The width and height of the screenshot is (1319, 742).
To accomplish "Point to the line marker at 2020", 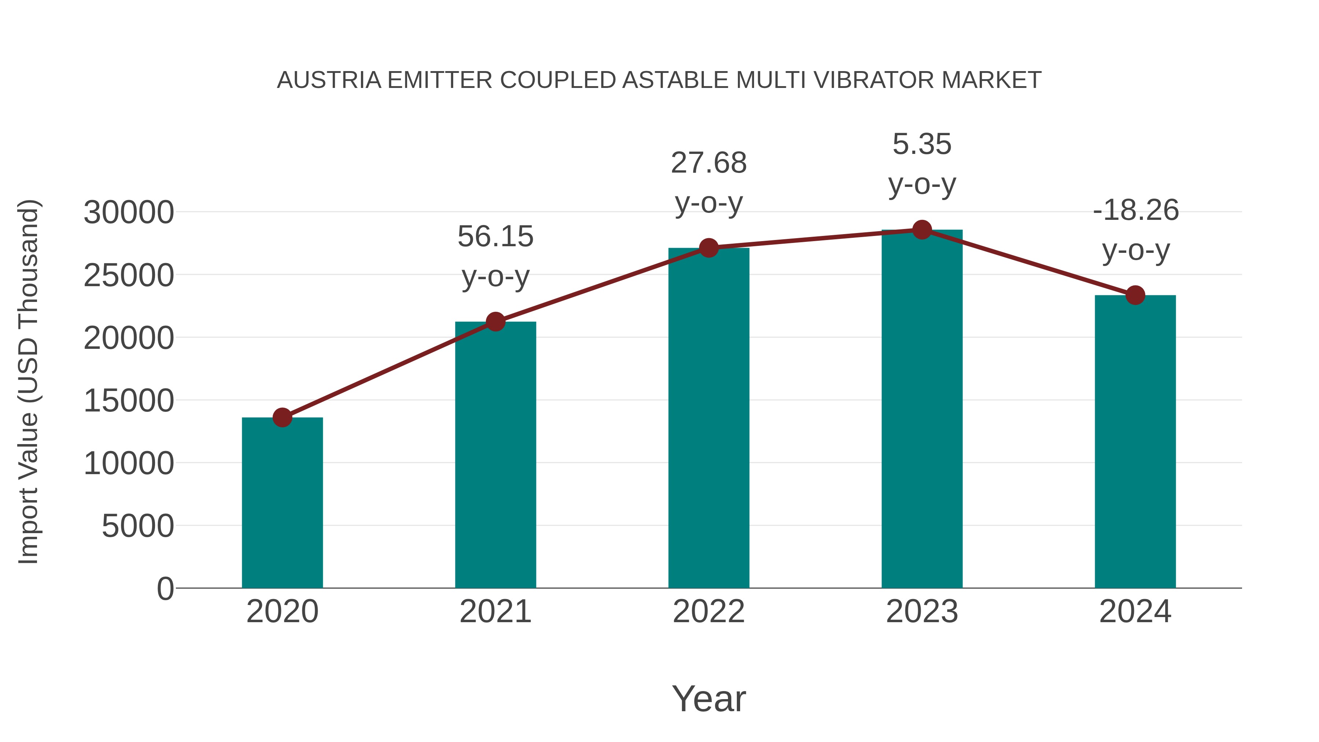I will [282, 417].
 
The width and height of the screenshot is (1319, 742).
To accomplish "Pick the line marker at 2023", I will [922, 230].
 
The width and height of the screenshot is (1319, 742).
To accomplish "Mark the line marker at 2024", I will [1135, 295].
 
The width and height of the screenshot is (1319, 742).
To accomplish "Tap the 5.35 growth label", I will [922, 144].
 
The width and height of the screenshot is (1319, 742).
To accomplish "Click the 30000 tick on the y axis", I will [129, 213].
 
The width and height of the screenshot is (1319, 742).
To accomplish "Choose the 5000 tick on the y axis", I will [138, 526].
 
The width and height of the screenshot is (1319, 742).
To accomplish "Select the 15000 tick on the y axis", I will [129, 400].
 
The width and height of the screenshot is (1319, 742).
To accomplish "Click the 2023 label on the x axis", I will [922, 612].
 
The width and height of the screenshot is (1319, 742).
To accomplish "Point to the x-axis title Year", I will [709, 698].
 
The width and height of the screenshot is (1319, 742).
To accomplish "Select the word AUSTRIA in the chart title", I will [329, 80].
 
